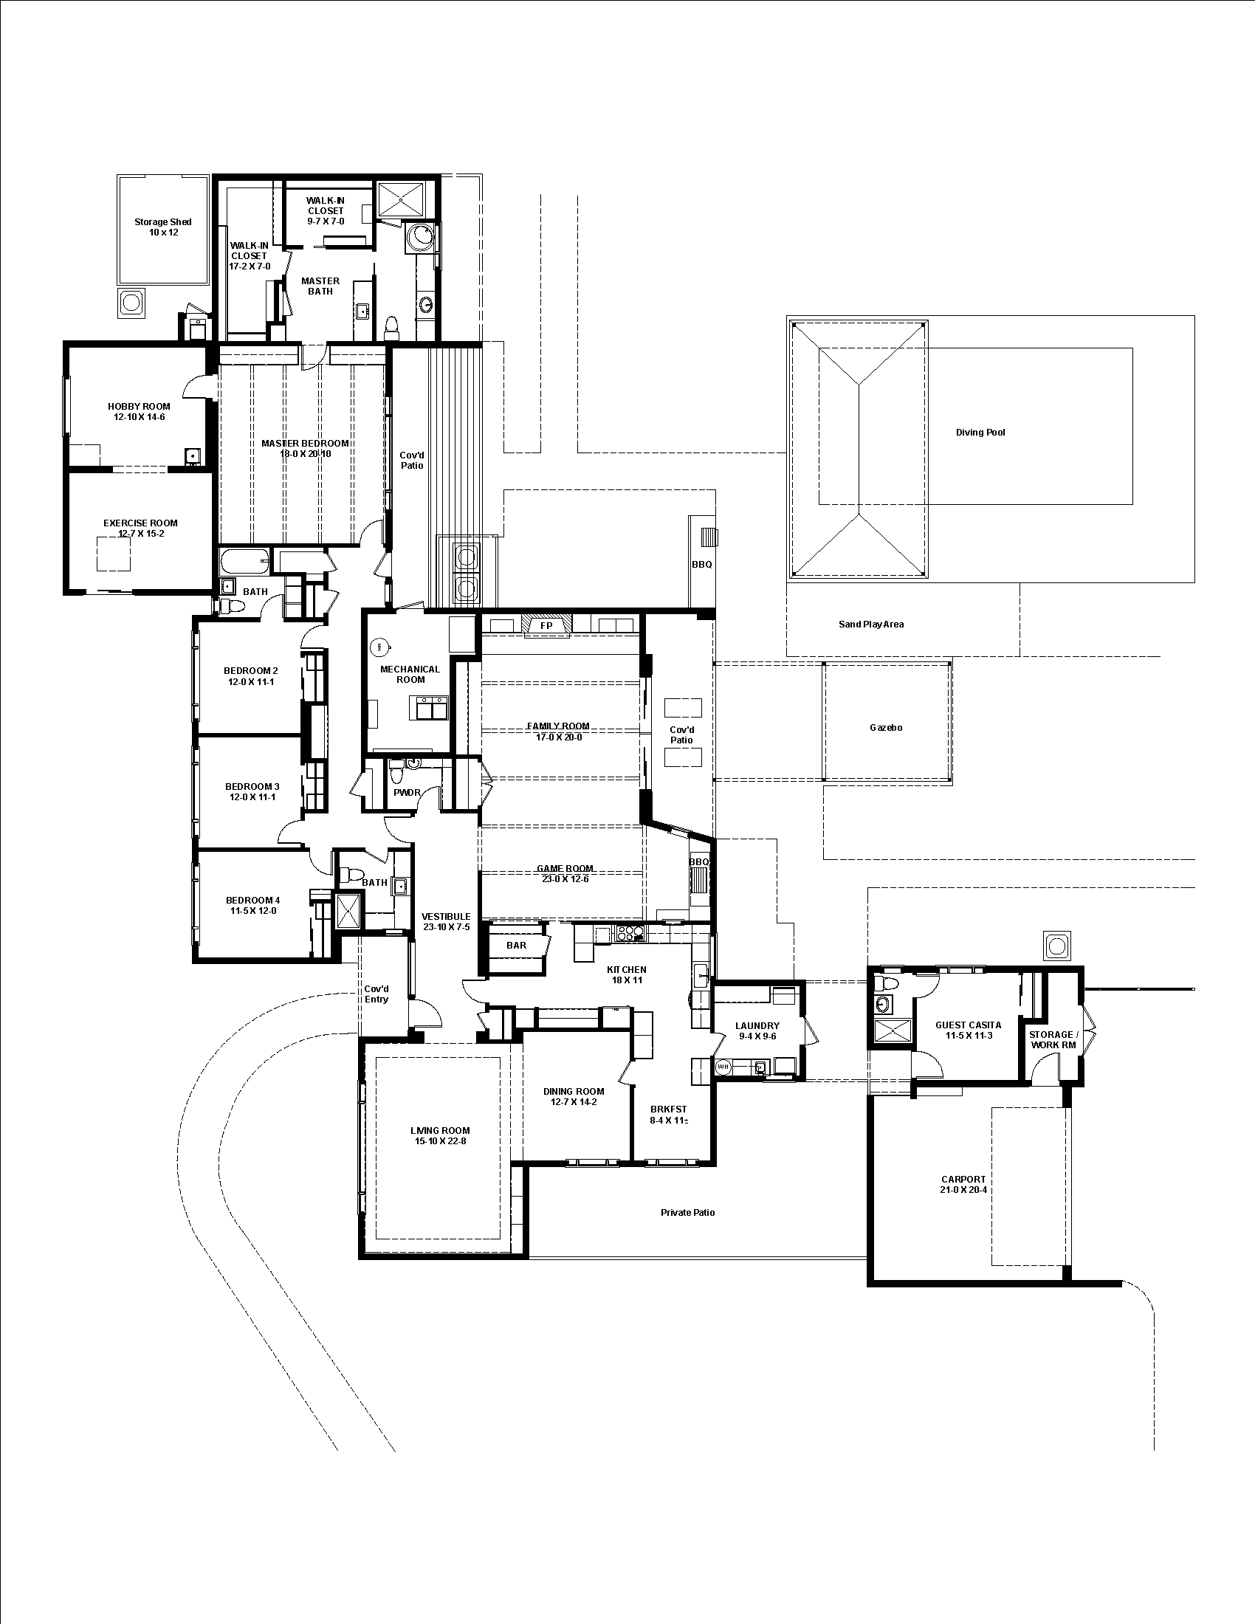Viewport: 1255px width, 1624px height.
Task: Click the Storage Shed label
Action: [x=163, y=221]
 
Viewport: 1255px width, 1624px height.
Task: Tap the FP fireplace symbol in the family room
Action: [x=546, y=625]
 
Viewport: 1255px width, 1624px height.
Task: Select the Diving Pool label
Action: [x=980, y=432]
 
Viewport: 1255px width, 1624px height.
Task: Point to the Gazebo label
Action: [x=885, y=727]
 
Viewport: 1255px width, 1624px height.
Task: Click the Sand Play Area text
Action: [x=870, y=624]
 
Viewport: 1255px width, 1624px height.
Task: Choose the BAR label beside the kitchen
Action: [x=516, y=945]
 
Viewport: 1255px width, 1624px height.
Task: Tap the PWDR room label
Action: [x=407, y=793]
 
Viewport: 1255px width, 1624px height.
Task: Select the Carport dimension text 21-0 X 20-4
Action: [x=963, y=1190]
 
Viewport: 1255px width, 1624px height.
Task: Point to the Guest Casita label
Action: [x=968, y=1025]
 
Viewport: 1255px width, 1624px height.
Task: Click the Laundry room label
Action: [x=757, y=1025]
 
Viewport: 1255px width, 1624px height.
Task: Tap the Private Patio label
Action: [x=688, y=1212]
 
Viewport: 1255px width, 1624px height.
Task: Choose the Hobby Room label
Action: [x=139, y=406]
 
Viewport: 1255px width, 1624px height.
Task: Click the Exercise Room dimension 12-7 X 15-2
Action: [x=140, y=534]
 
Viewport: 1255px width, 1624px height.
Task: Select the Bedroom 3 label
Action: [x=252, y=786]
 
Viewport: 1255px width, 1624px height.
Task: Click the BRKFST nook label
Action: [x=668, y=1109]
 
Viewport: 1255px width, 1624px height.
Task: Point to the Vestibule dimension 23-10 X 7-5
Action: [x=446, y=927]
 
